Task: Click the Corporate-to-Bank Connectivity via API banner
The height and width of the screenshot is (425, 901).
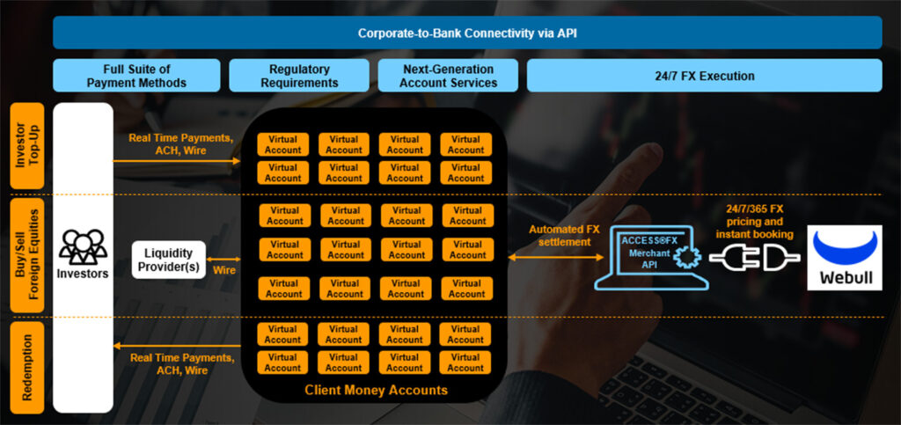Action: click(467, 33)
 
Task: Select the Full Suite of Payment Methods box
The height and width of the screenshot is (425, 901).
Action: click(136, 76)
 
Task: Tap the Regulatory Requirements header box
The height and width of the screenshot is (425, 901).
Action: click(299, 76)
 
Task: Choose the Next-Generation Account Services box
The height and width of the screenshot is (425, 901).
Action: click(448, 76)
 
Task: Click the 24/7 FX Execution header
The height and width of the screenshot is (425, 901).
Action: click(704, 76)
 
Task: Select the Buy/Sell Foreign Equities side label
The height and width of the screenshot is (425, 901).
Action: click(26, 255)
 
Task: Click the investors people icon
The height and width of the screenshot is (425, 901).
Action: click(83, 246)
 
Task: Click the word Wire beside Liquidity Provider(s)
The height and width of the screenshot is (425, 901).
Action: click(224, 270)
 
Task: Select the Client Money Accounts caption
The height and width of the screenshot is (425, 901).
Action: click(375, 390)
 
